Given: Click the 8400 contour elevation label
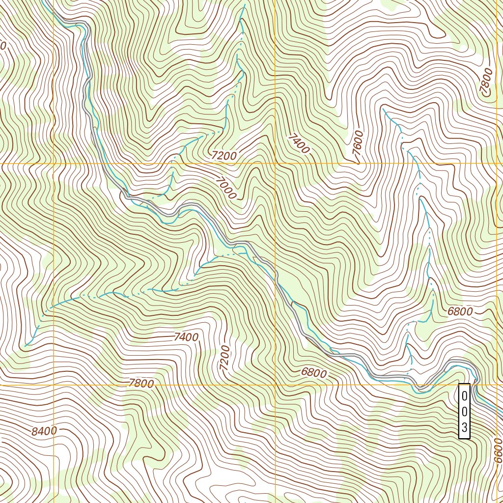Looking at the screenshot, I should pyautogui.click(x=44, y=431).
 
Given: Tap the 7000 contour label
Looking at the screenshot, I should pyautogui.click(x=225, y=188).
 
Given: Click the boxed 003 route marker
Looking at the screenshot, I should pyautogui.click(x=464, y=411).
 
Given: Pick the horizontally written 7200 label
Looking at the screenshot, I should pyautogui.click(x=224, y=156).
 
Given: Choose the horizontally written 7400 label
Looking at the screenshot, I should pyautogui.click(x=186, y=337).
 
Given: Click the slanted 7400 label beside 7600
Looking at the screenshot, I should pyautogui.click(x=300, y=143).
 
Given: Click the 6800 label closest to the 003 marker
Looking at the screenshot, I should pyautogui.click(x=460, y=311).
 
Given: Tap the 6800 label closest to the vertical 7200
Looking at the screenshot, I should pyautogui.click(x=313, y=373).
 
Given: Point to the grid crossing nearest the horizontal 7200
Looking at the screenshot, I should pyautogui.click(x=275, y=163).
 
